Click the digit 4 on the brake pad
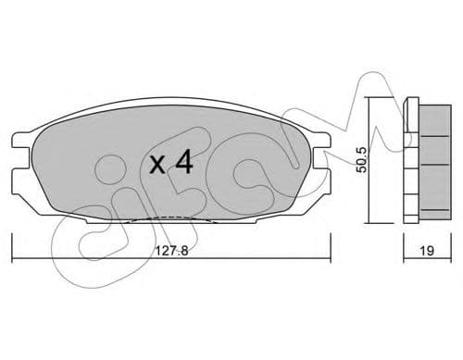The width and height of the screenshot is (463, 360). click(183, 164)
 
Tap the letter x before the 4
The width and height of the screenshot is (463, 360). click(158, 167)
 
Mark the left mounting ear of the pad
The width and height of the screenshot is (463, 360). click(20, 164)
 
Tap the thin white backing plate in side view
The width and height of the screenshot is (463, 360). click(412, 159)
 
